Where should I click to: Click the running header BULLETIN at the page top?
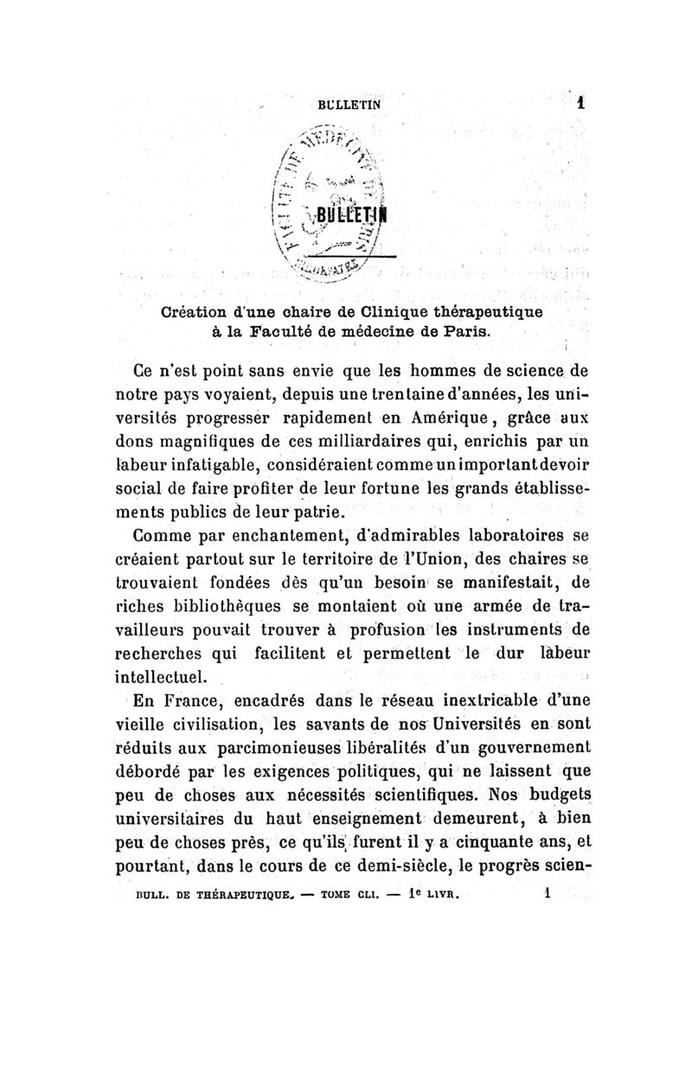click(349, 100)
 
